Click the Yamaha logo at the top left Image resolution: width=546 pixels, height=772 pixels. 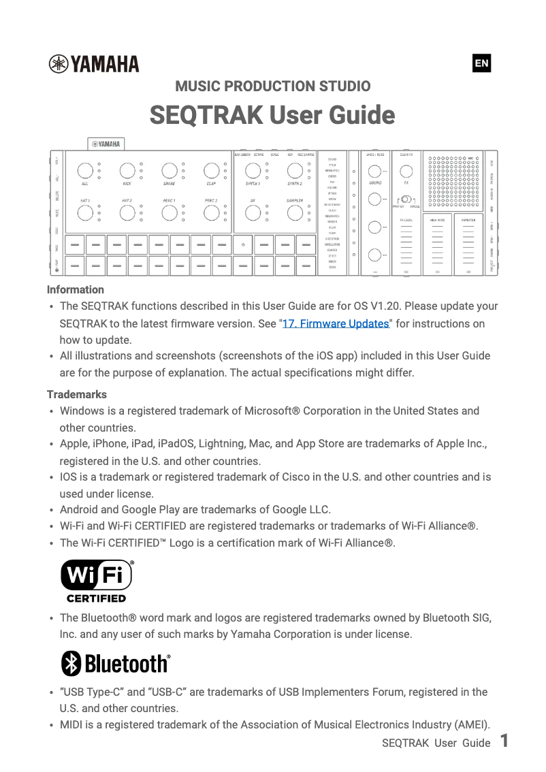[94, 64]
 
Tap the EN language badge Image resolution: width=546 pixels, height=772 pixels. [481, 64]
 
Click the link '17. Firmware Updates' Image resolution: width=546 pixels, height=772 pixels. [335, 323]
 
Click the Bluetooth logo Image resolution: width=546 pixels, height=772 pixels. [115, 663]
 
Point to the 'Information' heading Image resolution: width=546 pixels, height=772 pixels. [76, 289]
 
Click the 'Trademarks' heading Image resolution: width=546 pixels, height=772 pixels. [77, 394]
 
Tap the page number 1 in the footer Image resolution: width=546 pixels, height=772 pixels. [504, 741]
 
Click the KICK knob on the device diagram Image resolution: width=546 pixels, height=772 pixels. [127, 170]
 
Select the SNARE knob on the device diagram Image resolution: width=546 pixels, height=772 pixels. [170, 170]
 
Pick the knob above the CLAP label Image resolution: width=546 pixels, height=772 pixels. [211, 170]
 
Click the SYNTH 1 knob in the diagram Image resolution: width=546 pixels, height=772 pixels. [253, 170]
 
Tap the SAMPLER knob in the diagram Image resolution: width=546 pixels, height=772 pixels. [294, 213]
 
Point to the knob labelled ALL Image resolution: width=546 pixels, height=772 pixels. [85, 170]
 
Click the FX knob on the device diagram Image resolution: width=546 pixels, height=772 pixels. [406, 170]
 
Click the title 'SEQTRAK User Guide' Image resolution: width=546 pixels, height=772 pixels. [272, 115]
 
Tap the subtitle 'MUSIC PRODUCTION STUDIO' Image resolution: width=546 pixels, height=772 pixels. [272, 86]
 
